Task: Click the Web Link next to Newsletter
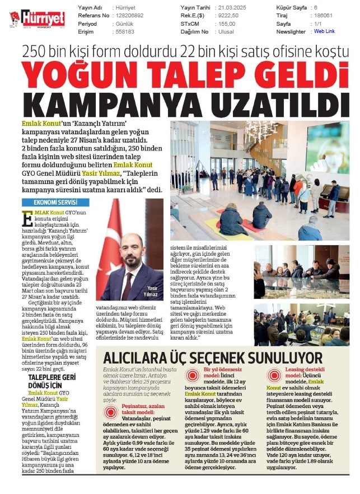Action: click(x=324, y=32)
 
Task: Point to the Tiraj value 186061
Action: click(x=323, y=16)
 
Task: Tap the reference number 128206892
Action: click(x=130, y=16)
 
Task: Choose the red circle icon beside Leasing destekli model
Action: click(x=274, y=375)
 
